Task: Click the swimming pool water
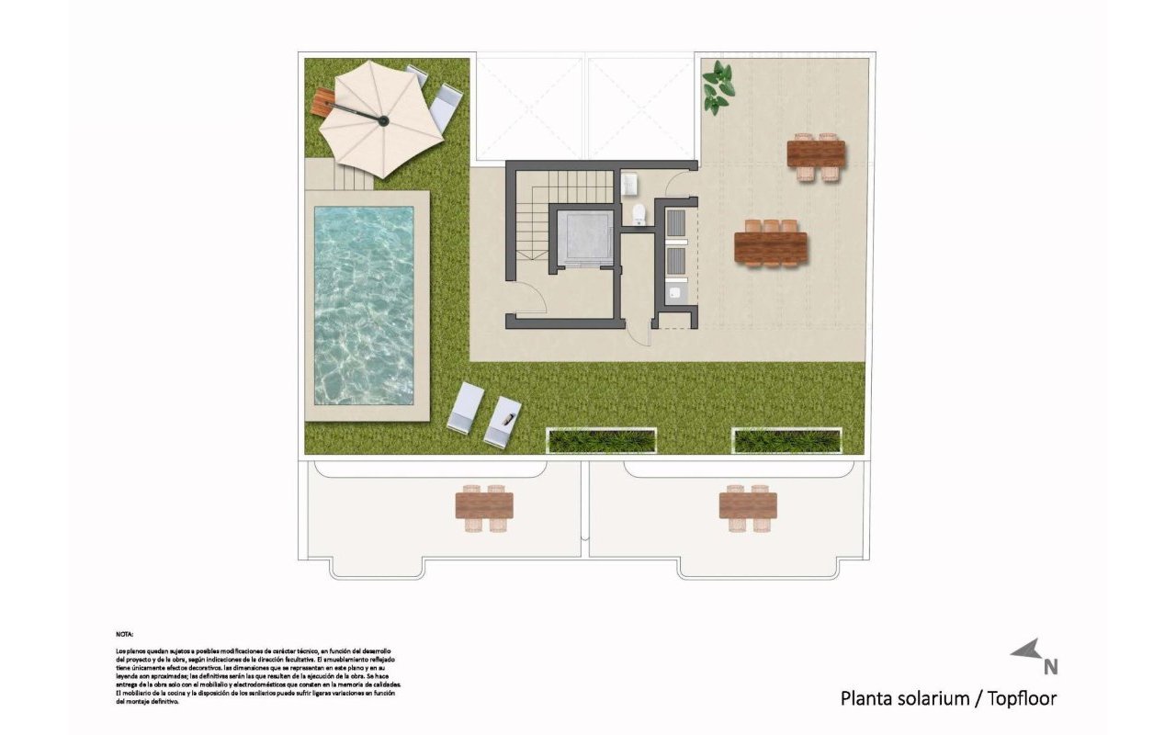pyautogui.click(x=364, y=303)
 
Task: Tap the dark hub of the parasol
pyautogui.click(x=383, y=119)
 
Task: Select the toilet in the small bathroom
pyautogui.click(x=639, y=215)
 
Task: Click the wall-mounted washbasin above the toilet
pyautogui.click(x=629, y=186)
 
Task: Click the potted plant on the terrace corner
pyautogui.click(x=717, y=88)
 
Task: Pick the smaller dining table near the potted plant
pyautogui.click(x=816, y=154)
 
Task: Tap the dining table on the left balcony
pyautogui.click(x=484, y=506)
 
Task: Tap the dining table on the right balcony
pyautogui.click(x=748, y=506)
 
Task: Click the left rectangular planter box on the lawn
pyautogui.click(x=602, y=440)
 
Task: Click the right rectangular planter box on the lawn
pyautogui.click(x=787, y=440)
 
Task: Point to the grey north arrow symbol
pyautogui.click(x=1026, y=650)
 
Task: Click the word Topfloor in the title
pyautogui.click(x=1022, y=698)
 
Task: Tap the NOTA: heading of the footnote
pyautogui.click(x=125, y=634)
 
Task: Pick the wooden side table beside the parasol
pyautogui.click(x=321, y=101)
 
